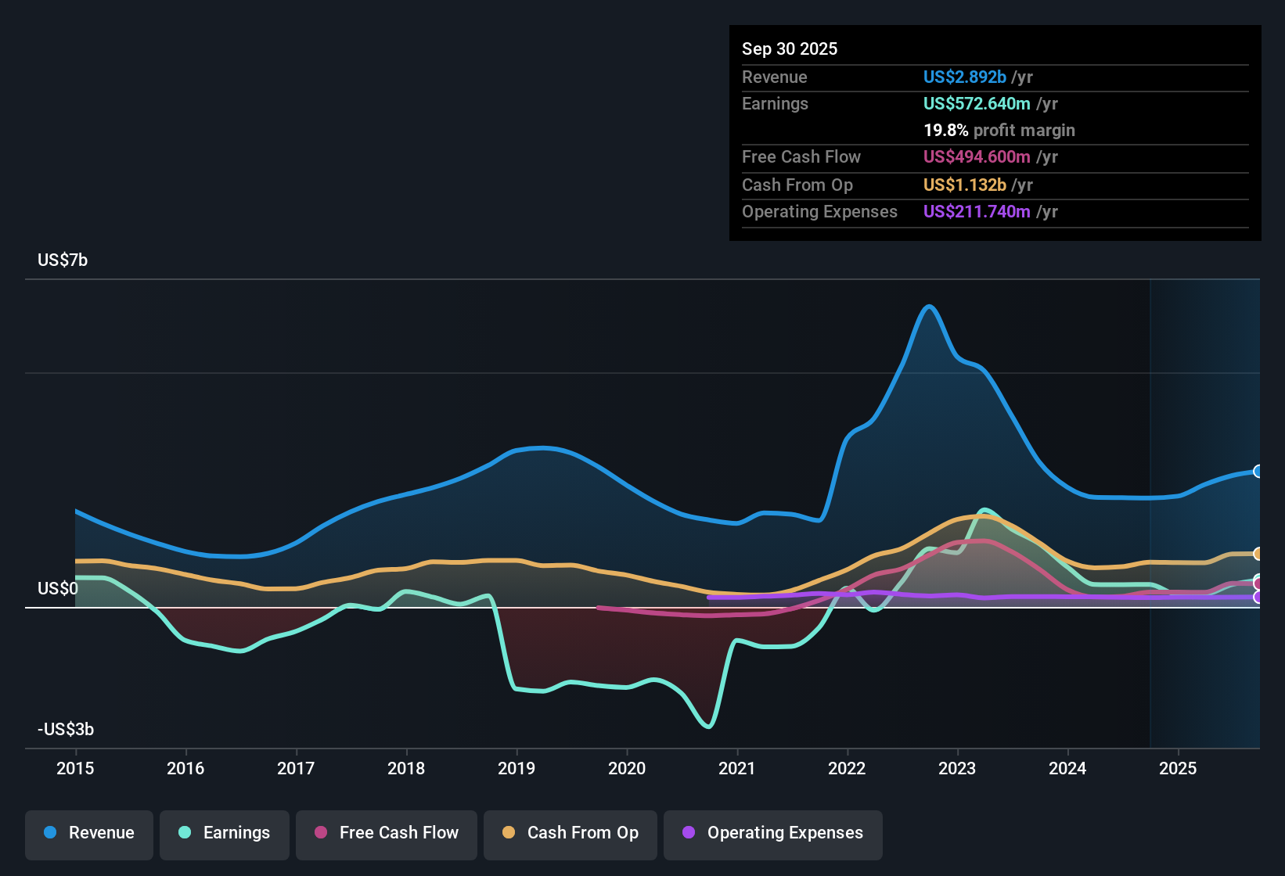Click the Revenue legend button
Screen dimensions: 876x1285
(x=89, y=833)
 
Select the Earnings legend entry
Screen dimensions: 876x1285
(x=225, y=833)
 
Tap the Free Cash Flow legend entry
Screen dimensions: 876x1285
(x=387, y=833)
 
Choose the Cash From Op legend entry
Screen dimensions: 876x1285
(x=571, y=833)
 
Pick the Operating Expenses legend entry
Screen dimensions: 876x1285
(x=773, y=833)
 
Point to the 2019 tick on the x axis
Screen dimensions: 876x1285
(x=517, y=768)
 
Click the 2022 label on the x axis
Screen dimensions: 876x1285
(x=847, y=768)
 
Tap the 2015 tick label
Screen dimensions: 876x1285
(x=75, y=768)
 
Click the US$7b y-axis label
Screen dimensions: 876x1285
(x=63, y=260)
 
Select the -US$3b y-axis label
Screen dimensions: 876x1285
(x=66, y=730)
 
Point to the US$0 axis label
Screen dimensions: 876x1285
(x=57, y=589)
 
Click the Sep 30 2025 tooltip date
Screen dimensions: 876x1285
(x=789, y=49)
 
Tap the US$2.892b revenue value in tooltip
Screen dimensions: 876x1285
(x=964, y=77)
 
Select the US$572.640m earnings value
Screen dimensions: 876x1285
(x=976, y=104)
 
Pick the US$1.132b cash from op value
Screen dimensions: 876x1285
(x=964, y=185)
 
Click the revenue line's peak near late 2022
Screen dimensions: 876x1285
(x=929, y=307)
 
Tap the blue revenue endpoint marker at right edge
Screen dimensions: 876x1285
(x=1258, y=472)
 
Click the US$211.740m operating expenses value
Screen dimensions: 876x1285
(x=976, y=212)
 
